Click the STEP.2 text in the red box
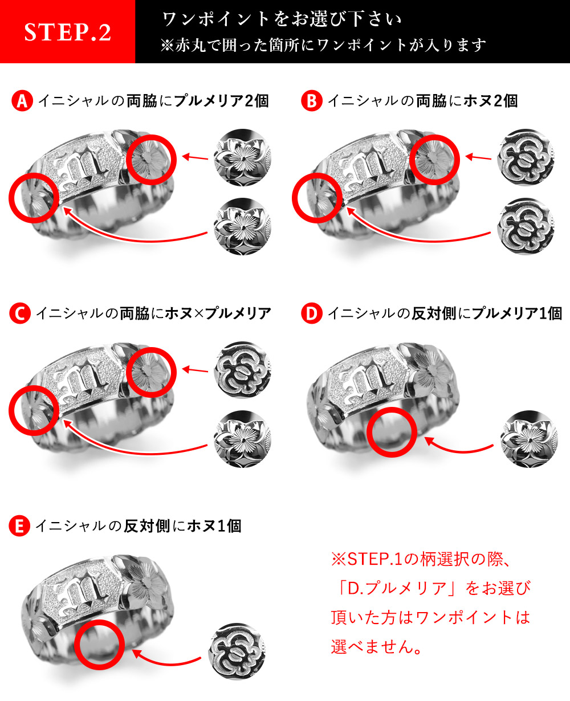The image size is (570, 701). (x=67, y=32)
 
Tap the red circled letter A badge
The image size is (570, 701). (x=22, y=101)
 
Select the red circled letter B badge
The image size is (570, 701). (x=312, y=101)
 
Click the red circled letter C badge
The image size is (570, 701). (x=20, y=313)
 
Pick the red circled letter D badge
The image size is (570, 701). (x=312, y=313)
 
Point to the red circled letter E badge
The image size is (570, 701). (x=19, y=525)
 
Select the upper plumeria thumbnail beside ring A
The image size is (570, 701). (x=243, y=157)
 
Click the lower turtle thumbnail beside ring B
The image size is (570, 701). (x=526, y=226)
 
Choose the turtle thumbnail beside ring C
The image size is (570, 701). (x=243, y=369)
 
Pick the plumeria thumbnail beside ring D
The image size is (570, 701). (x=529, y=439)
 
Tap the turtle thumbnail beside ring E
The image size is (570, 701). (x=237, y=651)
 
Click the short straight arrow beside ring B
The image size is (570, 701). (x=478, y=157)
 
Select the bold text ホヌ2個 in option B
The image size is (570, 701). (x=490, y=101)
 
